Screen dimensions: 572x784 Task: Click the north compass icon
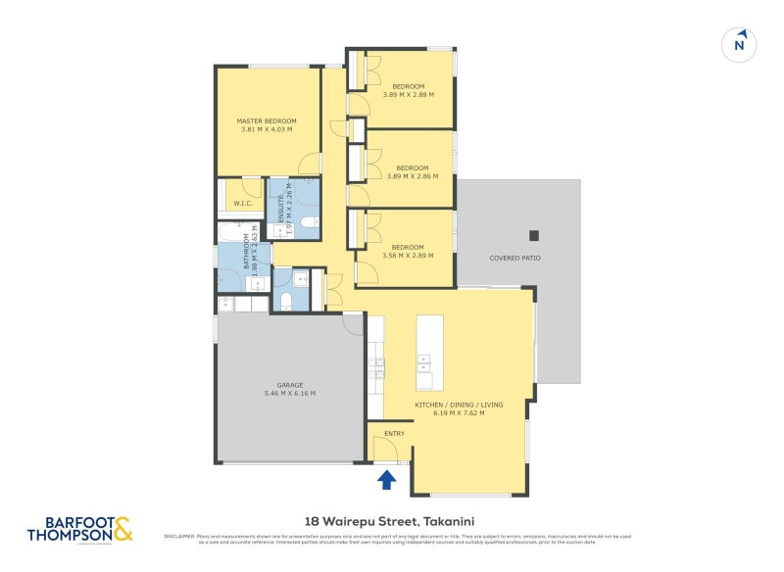tap(741, 44)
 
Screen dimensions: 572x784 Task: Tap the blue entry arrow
tap(387, 479)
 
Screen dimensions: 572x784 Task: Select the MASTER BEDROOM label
tap(266, 121)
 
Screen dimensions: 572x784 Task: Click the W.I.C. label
tap(243, 204)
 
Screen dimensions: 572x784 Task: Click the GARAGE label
tap(289, 385)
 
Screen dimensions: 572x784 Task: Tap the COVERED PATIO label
tap(514, 258)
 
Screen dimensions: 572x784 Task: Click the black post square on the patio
tap(534, 235)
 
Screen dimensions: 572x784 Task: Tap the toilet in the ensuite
tap(307, 223)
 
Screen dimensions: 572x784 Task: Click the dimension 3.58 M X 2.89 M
tap(408, 256)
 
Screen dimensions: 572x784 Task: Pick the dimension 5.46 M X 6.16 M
tap(289, 393)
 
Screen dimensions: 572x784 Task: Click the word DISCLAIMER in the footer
tap(181, 536)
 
